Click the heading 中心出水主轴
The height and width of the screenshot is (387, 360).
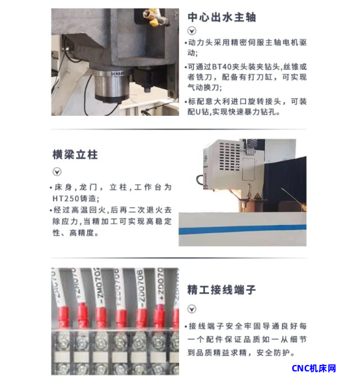[x=221, y=18]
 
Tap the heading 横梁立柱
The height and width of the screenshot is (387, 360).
[x=75, y=155]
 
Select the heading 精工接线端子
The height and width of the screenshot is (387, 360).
[x=221, y=289]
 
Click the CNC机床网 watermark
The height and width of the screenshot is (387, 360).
[x=314, y=368]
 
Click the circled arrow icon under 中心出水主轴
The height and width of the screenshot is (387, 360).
[x=192, y=31]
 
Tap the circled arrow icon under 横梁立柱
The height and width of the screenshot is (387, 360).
[x=57, y=172]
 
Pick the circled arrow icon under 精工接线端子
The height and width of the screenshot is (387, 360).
[x=192, y=309]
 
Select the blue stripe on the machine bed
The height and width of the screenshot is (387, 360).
[x=242, y=229]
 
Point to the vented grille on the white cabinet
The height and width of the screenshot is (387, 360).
[x=230, y=157]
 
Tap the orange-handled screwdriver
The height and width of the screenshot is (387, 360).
[x=294, y=199]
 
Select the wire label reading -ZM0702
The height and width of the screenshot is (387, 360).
[x=97, y=287]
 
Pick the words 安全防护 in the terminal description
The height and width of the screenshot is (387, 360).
[x=272, y=353]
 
